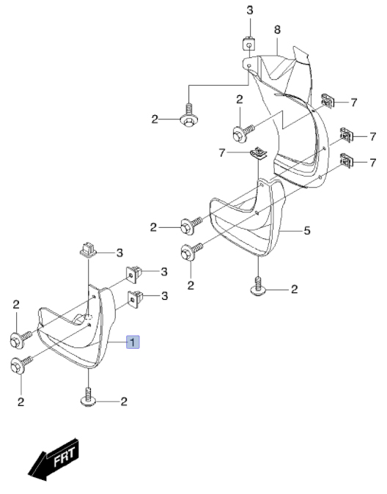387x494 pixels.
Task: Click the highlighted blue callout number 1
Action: click(x=133, y=342)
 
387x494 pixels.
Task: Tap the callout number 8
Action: click(x=277, y=29)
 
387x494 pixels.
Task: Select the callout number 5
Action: click(x=307, y=231)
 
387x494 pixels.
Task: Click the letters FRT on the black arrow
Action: click(x=64, y=456)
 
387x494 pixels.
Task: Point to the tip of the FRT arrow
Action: click(x=29, y=475)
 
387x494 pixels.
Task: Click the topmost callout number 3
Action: click(x=250, y=10)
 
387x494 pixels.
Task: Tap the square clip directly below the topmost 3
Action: click(x=248, y=43)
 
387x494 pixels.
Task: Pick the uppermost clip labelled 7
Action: click(x=327, y=101)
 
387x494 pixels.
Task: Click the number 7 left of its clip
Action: click(x=222, y=153)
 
